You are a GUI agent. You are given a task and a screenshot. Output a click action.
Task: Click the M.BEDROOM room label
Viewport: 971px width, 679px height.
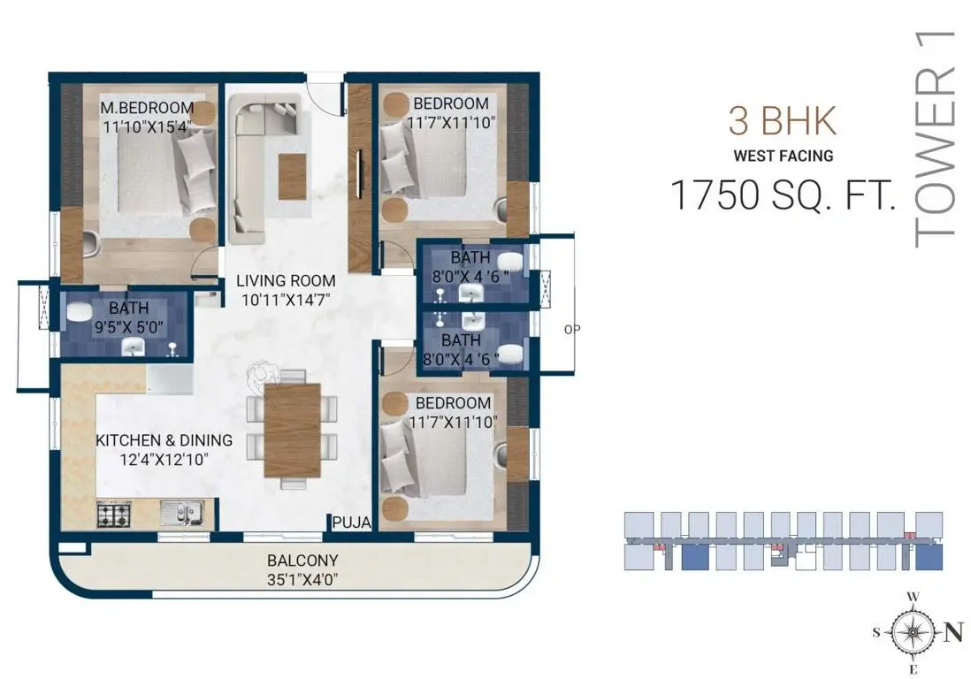tap(147, 108)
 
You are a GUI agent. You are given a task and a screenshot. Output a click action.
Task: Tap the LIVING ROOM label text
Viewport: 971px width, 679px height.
tap(286, 280)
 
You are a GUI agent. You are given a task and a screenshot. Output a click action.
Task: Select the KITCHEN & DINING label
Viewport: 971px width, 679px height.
tap(164, 440)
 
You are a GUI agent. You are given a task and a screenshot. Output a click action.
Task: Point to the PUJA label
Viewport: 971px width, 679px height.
tap(351, 523)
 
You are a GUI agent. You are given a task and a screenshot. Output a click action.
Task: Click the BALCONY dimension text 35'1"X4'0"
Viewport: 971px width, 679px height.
tap(302, 580)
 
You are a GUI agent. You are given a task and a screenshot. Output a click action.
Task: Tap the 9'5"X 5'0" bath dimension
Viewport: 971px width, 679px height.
tap(129, 327)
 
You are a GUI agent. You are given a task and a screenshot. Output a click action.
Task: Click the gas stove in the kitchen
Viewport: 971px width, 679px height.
tap(114, 515)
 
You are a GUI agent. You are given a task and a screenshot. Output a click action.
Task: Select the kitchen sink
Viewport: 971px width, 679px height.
tap(182, 513)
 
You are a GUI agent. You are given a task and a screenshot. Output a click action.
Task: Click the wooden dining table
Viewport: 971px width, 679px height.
tap(293, 431)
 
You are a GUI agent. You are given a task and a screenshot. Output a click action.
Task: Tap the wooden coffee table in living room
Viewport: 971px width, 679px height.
tap(293, 177)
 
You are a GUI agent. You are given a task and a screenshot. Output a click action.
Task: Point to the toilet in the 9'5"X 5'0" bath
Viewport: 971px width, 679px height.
tap(79, 312)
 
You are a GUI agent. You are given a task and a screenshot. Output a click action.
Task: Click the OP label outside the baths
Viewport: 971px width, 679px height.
tap(572, 329)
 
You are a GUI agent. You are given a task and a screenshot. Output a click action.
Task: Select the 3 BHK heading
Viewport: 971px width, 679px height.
tap(783, 121)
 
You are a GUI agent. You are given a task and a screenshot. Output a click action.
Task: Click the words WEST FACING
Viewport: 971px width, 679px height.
tap(784, 156)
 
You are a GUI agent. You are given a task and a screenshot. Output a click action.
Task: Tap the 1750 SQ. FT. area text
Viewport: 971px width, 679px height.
tap(784, 195)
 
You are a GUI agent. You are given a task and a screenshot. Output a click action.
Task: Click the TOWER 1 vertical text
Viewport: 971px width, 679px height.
tap(935, 138)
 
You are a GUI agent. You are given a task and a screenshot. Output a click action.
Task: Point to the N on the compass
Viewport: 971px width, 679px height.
tap(953, 632)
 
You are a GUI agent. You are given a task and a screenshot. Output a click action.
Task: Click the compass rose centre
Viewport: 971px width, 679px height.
tap(913, 632)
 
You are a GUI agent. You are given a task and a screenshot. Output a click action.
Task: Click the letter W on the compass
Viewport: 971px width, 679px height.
tap(913, 597)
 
